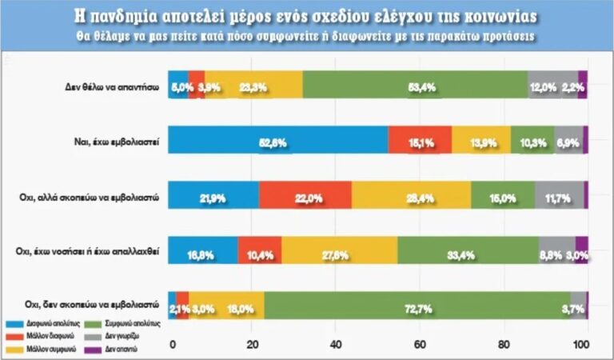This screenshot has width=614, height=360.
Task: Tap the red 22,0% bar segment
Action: pos(305,196)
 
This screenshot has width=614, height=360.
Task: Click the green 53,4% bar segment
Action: pos(416,86)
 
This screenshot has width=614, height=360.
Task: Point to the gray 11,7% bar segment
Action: pos(559,196)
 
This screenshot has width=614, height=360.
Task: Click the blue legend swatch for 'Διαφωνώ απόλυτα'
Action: pos(18,323)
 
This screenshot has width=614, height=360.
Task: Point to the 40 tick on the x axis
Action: pos(337,345)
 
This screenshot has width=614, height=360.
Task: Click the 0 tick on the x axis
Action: pos(172,345)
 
